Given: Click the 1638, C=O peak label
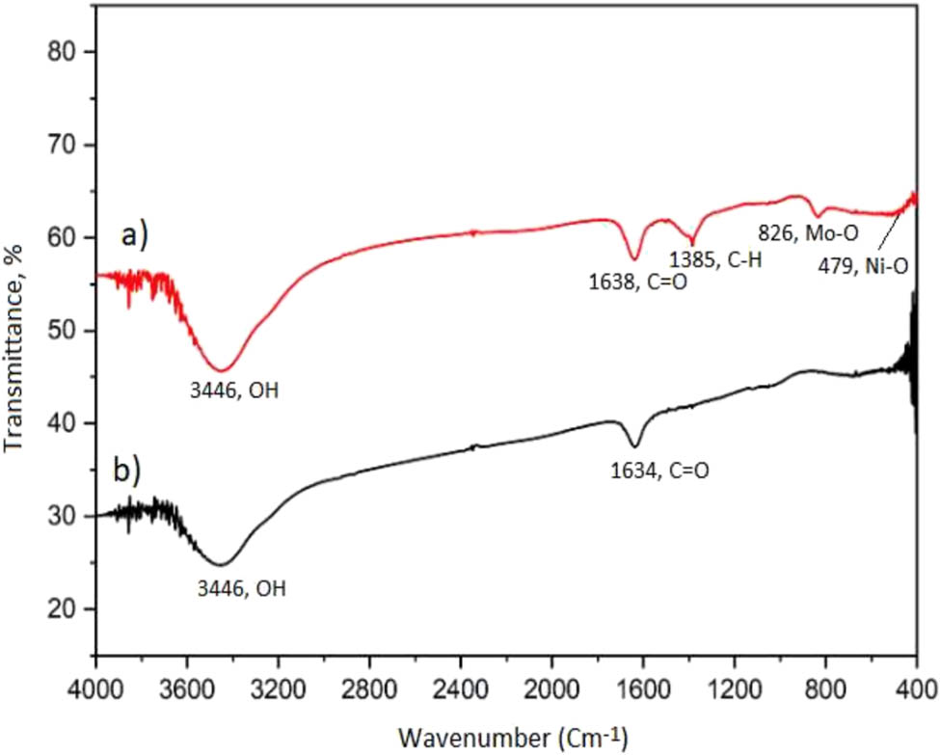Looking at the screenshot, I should (x=636, y=283).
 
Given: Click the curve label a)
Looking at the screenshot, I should (x=136, y=234).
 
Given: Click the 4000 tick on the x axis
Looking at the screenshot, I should (x=95, y=689).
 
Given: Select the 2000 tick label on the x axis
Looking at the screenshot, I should (x=551, y=689).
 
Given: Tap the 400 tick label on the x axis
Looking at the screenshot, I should (x=916, y=689).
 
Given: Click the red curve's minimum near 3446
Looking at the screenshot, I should (x=222, y=370).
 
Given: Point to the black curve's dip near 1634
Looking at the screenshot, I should (x=634, y=446).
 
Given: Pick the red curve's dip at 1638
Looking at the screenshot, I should (x=634, y=258).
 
